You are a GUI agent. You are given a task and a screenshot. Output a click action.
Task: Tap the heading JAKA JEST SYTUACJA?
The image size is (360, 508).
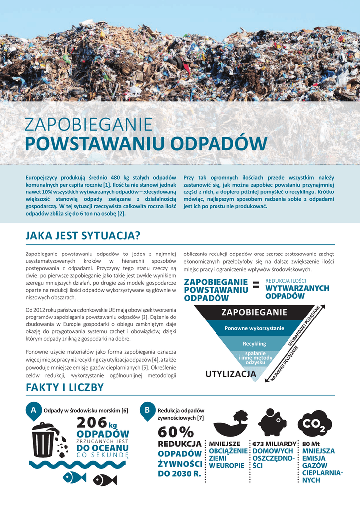pyautogui.click(x=82, y=235)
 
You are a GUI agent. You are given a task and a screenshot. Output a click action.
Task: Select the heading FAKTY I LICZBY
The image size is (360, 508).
pyautogui.click(x=65, y=387)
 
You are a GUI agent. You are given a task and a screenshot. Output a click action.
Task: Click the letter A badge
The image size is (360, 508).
pyautogui.click(x=33, y=411)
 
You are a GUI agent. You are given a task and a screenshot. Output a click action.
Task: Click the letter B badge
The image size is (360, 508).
pyautogui.click(x=147, y=411)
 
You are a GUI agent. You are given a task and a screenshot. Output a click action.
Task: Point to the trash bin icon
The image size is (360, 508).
pyautogui.click(x=46, y=444)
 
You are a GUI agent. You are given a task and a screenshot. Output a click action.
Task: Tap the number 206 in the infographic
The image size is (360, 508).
pyautogui.click(x=92, y=423)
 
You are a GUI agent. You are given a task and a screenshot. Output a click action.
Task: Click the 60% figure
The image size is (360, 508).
pyautogui.click(x=172, y=433)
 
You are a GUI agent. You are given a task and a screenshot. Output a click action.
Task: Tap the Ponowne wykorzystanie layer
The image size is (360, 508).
pyautogui.click(x=254, y=328)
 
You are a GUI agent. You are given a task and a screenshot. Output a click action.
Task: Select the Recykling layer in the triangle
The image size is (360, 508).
pyautogui.click(x=254, y=343)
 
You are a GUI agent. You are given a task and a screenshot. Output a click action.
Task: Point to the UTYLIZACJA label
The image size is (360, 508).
pyautogui.click(x=227, y=374)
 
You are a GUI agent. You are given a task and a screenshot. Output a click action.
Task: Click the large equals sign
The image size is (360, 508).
pyautogui.click(x=256, y=284)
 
